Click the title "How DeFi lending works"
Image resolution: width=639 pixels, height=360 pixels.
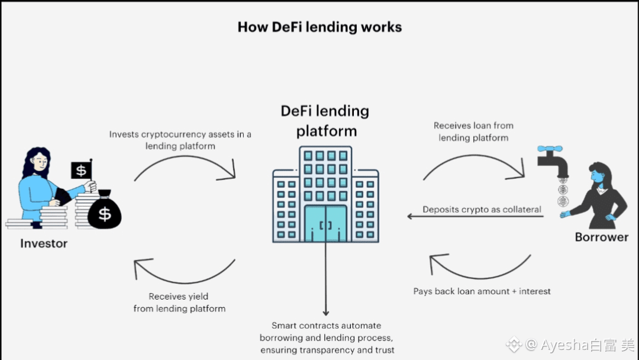click(319, 27)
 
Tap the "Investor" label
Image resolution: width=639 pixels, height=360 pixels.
click(44, 243)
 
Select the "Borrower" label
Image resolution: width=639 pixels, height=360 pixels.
click(602, 237)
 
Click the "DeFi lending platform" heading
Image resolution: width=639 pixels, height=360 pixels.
click(325, 121)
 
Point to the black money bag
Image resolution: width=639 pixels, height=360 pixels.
click(104, 210)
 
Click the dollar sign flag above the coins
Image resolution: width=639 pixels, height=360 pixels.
click(82, 171)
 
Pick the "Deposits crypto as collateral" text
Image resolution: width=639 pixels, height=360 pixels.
click(482, 210)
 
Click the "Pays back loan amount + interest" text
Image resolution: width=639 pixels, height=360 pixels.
click(482, 291)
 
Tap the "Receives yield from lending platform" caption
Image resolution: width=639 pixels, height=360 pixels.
click(179, 302)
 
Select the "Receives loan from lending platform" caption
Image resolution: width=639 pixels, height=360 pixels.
click(473, 131)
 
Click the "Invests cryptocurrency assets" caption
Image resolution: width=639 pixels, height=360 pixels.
click(180, 140)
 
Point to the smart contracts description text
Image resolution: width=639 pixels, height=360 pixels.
click(327, 337)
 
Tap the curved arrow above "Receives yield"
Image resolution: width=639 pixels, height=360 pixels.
click(185, 271)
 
